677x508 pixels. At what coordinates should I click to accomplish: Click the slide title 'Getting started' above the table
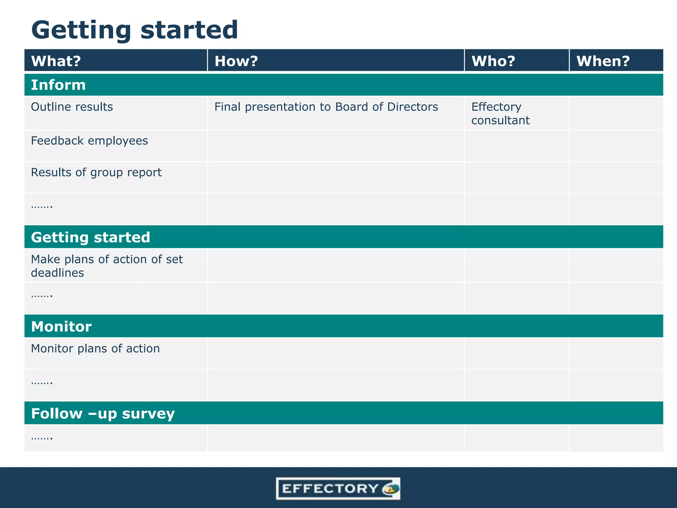(x=134, y=30)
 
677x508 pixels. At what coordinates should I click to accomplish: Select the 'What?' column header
(x=56, y=61)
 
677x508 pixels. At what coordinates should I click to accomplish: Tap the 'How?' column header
(x=236, y=61)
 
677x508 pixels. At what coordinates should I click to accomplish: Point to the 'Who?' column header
(x=493, y=61)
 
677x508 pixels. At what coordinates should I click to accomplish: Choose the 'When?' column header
(x=603, y=61)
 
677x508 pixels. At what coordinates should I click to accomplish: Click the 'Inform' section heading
(x=58, y=85)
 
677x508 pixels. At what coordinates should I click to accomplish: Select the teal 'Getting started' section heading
(x=91, y=237)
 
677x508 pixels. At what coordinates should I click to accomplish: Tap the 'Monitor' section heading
(x=61, y=327)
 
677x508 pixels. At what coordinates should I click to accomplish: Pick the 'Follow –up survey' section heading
(x=103, y=414)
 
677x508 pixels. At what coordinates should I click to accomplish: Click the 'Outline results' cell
(x=72, y=107)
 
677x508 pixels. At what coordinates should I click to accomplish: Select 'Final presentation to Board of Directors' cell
(x=326, y=107)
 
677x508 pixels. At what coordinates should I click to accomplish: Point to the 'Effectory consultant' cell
(x=500, y=113)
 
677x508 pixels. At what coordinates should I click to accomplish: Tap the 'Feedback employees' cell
(x=89, y=141)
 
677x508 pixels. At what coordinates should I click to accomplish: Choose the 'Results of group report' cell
(x=96, y=172)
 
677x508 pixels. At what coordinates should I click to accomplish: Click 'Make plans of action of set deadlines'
(x=106, y=266)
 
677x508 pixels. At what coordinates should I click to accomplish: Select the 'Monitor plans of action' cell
(x=95, y=349)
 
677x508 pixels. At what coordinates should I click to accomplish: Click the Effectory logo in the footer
(x=338, y=488)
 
